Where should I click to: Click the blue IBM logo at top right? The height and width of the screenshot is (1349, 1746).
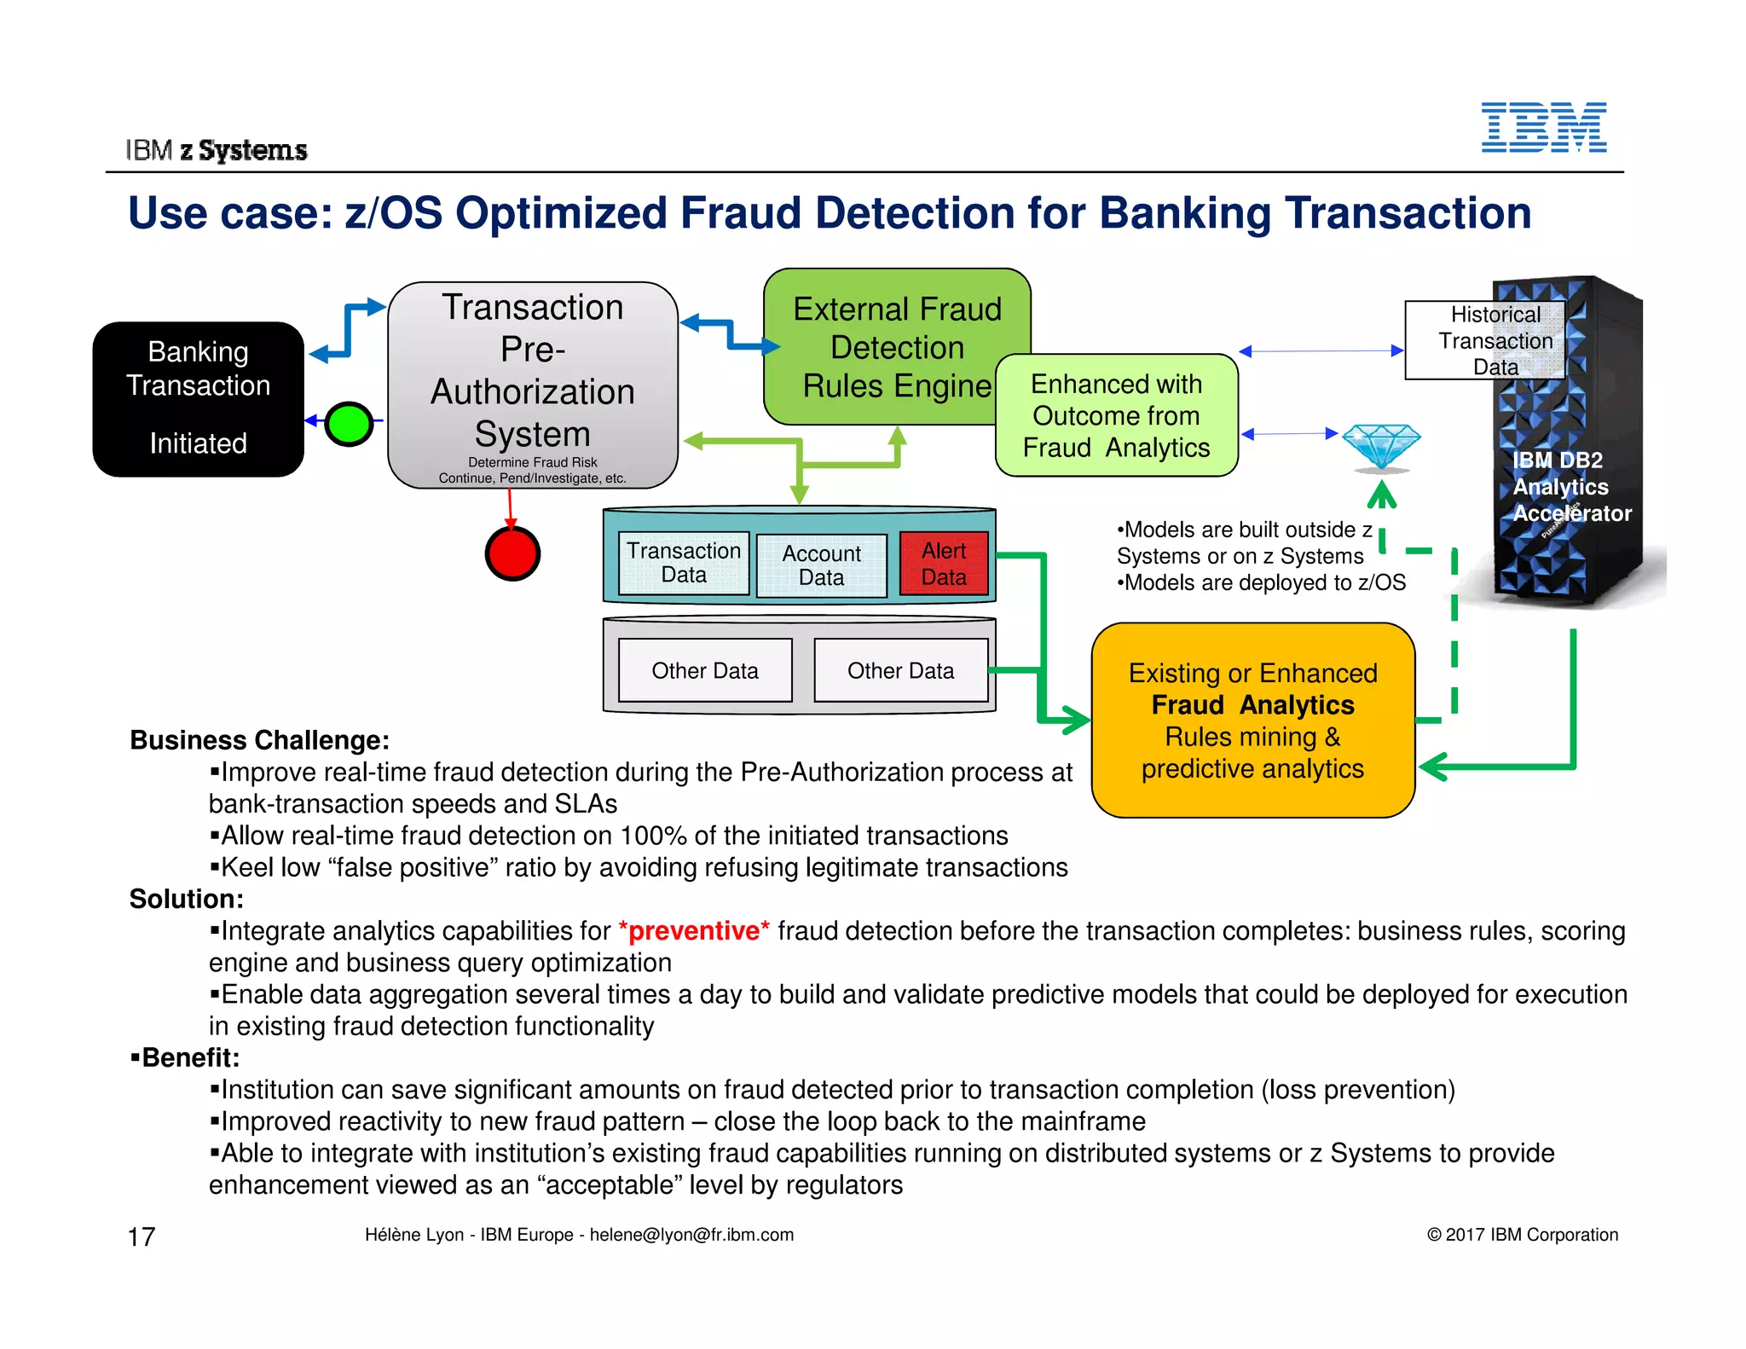pos(1543,128)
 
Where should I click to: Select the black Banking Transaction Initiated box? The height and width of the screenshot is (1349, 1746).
pos(198,398)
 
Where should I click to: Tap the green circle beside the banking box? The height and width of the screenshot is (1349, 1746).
pos(349,423)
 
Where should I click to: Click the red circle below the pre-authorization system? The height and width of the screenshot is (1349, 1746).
pos(512,553)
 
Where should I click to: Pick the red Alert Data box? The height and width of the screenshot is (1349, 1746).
pos(944,564)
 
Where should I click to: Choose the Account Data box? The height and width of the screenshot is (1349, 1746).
pos(821,565)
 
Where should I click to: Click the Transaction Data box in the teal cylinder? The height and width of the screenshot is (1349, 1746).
pos(684,563)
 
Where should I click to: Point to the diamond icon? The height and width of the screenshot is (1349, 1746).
pos(1381,446)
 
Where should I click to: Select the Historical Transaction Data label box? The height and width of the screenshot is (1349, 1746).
pos(1485,340)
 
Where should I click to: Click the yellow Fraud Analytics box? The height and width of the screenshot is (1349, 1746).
pos(1252,721)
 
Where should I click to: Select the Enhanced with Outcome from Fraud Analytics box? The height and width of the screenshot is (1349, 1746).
pos(1116,416)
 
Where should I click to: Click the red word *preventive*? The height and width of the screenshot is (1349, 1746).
pos(694,930)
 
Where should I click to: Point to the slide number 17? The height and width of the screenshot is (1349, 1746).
pos(142,1236)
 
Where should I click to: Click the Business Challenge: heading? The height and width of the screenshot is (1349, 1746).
pos(259,740)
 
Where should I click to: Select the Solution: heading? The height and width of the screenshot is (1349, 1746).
pos(187,899)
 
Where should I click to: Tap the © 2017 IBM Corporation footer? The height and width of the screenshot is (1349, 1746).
pos(1522,1235)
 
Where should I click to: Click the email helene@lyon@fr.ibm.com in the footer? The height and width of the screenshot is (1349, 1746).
pos(691,1235)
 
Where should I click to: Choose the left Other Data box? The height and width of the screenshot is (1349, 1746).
pos(705,671)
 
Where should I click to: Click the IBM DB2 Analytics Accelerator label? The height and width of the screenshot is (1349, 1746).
pos(1570,487)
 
